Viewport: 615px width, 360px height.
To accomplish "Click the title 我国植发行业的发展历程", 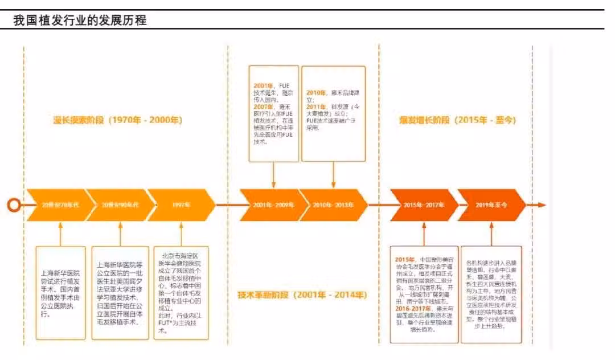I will point(80,21).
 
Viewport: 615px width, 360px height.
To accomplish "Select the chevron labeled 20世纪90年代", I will point(120,204).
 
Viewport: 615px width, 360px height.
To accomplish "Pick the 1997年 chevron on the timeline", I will point(181,204).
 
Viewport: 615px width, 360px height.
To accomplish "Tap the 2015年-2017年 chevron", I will point(422,204).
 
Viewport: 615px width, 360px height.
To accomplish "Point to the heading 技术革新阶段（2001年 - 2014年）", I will point(302,295).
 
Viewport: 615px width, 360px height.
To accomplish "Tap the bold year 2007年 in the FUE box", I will point(263,106).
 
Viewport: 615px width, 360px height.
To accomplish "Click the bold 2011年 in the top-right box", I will point(316,106).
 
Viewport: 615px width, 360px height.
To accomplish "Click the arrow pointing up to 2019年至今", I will point(491,234).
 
